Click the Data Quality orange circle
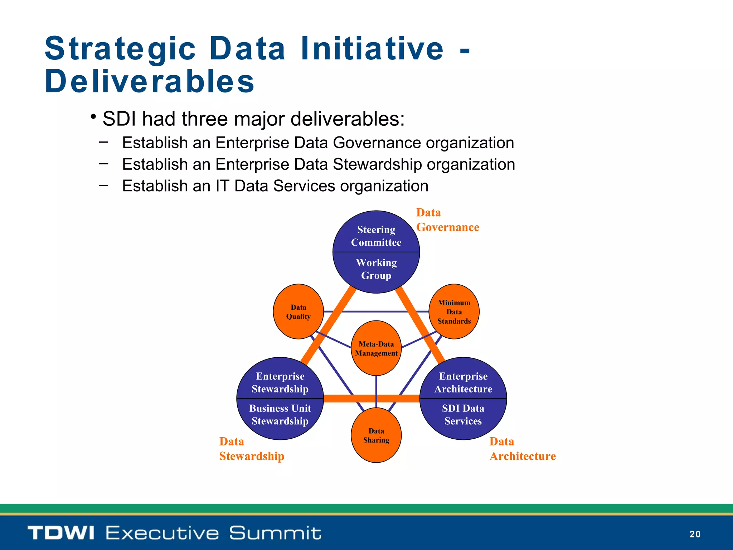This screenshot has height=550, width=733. tap(298, 312)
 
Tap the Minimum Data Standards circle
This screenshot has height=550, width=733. tap(454, 312)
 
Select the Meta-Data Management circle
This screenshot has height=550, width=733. tap(376, 348)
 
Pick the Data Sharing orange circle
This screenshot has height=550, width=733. tap(376, 435)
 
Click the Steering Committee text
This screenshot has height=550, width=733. tap(376, 236)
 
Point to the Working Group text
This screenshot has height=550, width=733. tap(376, 269)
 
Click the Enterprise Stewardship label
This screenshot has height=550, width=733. tap(280, 382)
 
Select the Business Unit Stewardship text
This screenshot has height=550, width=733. tap(280, 415)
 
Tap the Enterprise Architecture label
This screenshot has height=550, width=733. tap(463, 382)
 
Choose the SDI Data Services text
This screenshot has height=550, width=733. tap(463, 415)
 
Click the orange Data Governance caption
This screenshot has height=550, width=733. tap(447, 220)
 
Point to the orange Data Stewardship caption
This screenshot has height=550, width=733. tap(252, 449)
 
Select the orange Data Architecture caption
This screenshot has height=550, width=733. tap(522, 449)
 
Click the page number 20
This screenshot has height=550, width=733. tap(695, 534)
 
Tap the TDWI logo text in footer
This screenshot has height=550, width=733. tap(61, 532)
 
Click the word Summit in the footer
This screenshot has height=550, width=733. tap(275, 532)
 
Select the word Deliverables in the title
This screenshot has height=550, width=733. tap(150, 81)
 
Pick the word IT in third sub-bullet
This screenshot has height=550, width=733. tap(222, 186)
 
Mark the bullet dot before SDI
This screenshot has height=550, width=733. tap(93, 117)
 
